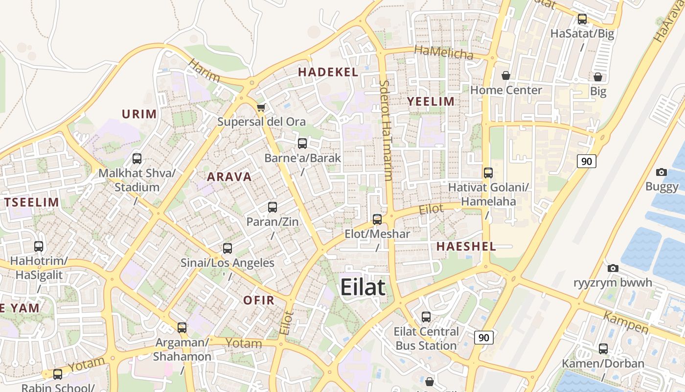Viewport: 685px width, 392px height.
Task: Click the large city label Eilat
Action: [x=363, y=287]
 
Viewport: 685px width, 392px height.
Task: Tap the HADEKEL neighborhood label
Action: [x=328, y=72]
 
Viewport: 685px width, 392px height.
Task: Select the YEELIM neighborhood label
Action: [x=431, y=101]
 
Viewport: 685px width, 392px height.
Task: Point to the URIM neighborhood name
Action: [x=139, y=114]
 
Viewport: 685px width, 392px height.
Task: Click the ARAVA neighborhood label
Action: [x=229, y=177]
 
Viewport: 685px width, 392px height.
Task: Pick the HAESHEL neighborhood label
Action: [x=466, y=246]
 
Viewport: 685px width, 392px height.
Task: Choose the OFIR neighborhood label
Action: [x=259, y=300]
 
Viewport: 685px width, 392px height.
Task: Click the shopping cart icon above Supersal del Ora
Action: [x=261, y=107]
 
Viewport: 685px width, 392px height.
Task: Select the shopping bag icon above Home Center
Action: [x=506, y=75]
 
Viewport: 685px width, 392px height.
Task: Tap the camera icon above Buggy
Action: [x=662, y=172]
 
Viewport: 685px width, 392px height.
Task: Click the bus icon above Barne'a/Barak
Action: [x=302, y=144]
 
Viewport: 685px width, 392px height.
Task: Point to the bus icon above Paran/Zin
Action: [x=273, y=207]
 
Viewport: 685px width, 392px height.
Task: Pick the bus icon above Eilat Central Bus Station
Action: [x=426, y=317]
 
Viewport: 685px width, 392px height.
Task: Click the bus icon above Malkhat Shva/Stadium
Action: [x=137, y=159]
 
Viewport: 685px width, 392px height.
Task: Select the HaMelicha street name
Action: [x=444, y=52]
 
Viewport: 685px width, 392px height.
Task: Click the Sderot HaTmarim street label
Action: [x=386, y=130]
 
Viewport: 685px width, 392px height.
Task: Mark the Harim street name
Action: [x=204, y=71]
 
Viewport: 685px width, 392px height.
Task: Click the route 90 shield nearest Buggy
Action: [x=586, y=161]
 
